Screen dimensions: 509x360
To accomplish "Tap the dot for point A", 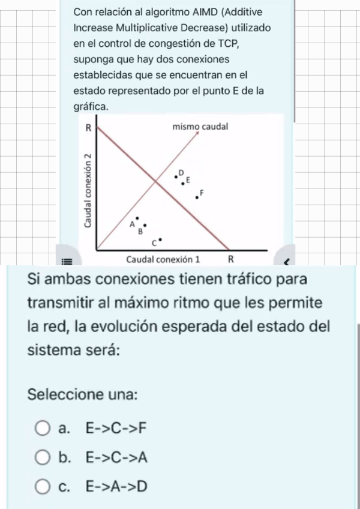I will pyautogui.click(x=137, y=219).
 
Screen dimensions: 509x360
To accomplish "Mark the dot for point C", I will pyautogui.click(x=160, y=239).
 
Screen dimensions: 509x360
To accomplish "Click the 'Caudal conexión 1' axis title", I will pyautogui.click(x=163, y=259).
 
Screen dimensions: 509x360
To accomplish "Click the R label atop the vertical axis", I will pyautogui.click(x=88, y=127).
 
